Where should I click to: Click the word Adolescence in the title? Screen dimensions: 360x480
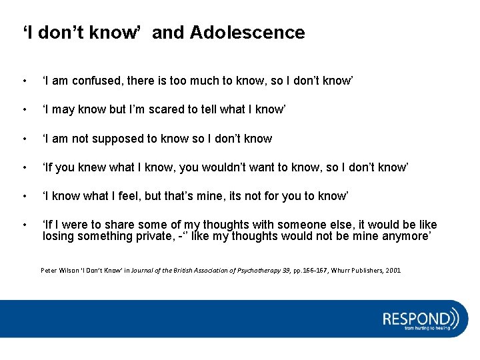tap(247, 33)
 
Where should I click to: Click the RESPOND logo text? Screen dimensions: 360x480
tap(417, 317)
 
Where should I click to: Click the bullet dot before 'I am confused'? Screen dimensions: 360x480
tap(25, 81)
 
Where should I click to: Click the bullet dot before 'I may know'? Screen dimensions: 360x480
tap(25, 110)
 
